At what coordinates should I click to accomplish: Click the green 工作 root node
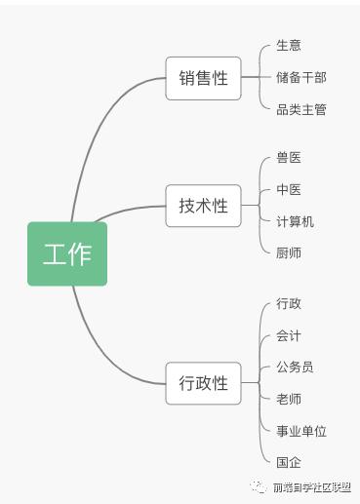66,254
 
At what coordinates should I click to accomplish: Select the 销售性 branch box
203,78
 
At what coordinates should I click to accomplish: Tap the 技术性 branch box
203,206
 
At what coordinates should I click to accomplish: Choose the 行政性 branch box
203,382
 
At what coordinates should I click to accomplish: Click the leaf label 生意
289,46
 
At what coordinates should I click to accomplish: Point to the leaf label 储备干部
300,77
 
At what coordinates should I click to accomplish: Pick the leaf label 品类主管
300,109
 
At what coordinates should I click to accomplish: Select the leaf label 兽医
289,158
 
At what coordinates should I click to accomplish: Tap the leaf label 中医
289,189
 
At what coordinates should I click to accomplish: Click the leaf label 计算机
295,221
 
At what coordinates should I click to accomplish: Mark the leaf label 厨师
289,252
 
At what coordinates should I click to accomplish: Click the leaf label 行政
289,303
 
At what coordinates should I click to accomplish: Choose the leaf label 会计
289,335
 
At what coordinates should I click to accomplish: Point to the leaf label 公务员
295,367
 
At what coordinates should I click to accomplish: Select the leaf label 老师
289,399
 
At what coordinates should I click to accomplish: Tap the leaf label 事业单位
300,431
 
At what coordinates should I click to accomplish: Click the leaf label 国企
289,462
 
